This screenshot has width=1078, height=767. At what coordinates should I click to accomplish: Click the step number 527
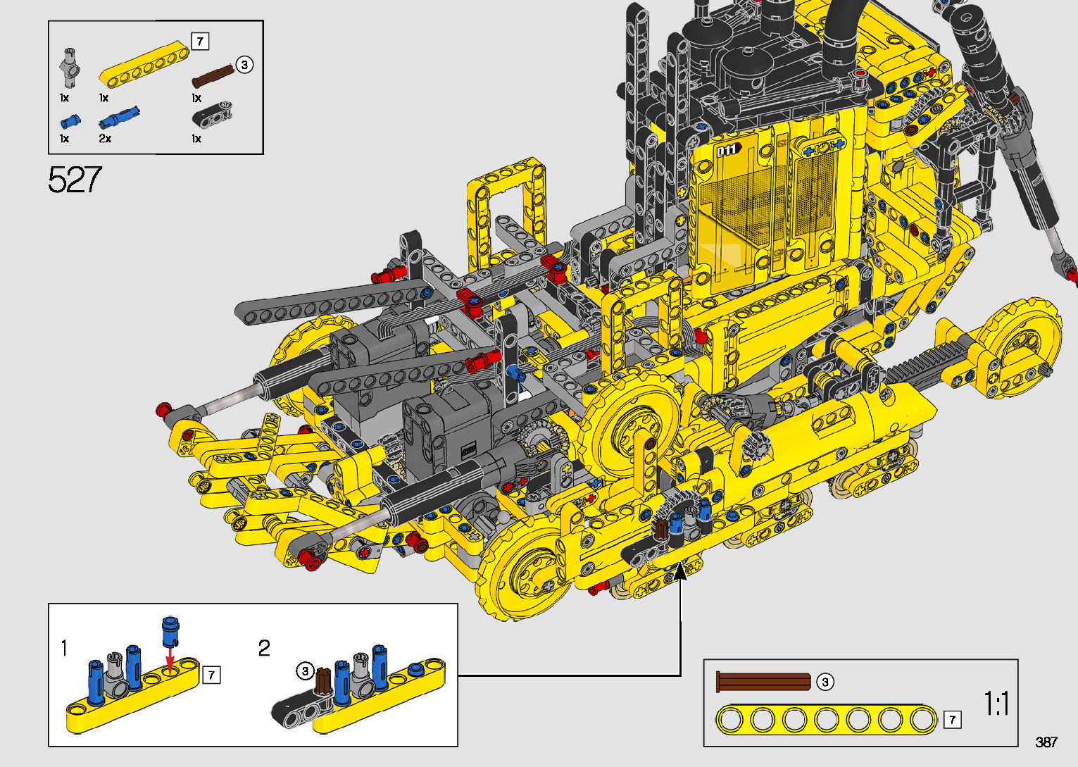pyautogui.click(x=75, y=180)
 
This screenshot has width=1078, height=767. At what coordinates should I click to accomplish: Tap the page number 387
pyautogui.click(x=1046, y=742)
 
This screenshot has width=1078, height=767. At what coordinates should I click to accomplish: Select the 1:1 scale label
pyautogui.click(x=996, y=704)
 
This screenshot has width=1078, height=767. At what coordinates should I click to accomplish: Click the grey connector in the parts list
pyautogui.click(x=70, y=68)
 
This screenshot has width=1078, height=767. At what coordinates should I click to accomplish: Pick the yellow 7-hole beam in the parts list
pyautogui.click(x=144, y=65)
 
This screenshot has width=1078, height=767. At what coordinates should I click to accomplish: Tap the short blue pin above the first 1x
pyautogui.click(x=70, y=121)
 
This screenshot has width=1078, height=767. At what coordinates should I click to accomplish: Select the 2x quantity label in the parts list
pyautogui.click(x=105, y=139)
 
